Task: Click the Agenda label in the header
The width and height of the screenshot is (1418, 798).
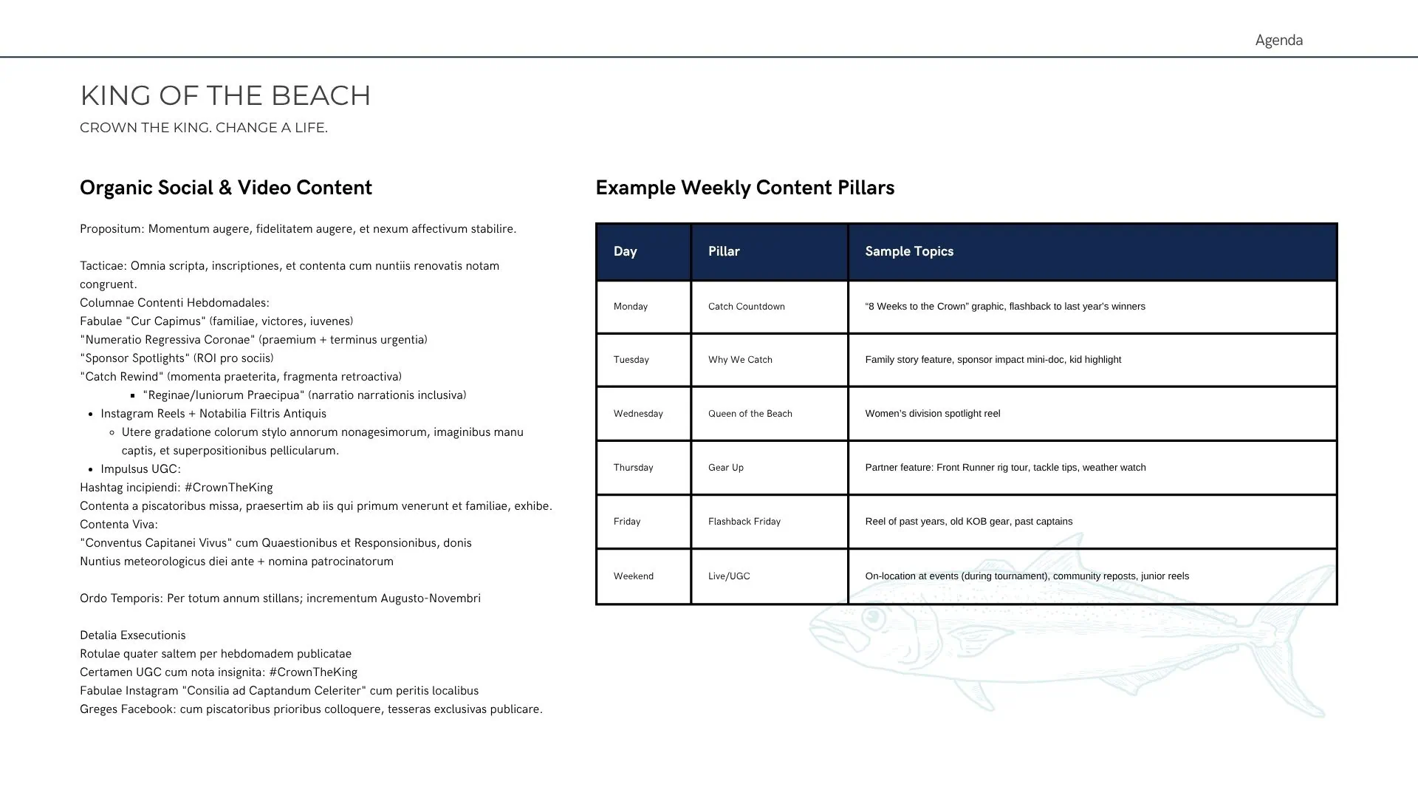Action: pyautogui.click(x=1278, y=41)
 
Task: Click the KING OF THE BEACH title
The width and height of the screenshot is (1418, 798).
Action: pyautogui.click(x=225, y=96)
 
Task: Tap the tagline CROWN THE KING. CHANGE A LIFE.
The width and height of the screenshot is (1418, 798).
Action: pyautogui.click(x=204, y=128)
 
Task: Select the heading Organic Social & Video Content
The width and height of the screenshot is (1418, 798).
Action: pyautogui.click(x=226, y=188)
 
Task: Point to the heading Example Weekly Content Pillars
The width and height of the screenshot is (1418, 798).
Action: pyautogui.click(x=744, y=188)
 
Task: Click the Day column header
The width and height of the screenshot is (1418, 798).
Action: pyautogui.click(x=625, y=251)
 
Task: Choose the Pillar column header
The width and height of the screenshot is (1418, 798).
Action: pyautogui.click(x=724, y=251)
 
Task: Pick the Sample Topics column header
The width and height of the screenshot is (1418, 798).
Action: pyautogui.click(x=909, y=251)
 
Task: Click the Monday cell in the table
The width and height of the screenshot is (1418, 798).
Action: pyautogui.click(x=631, y=307)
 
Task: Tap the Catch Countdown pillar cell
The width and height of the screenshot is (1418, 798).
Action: pyautogui.click(x=747, y=307)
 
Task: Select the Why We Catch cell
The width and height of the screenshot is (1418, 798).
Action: pyautogui.click(x=740, y=360)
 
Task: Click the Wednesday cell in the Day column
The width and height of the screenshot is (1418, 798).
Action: pyautogui.click(x=638, y=414)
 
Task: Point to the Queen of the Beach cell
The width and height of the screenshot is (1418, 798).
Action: pyautogui.click(x=750, y=414)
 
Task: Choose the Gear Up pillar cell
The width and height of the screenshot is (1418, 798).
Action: pyautogui.click(x=726, y=468)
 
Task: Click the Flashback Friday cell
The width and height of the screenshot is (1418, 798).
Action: pyautogui.click(x=744, y=522)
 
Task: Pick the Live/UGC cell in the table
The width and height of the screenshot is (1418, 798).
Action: pyautogui.click(x=729, y=576)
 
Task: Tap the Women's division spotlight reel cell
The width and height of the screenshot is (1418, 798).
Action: pyautogui.click(x=933, y=414)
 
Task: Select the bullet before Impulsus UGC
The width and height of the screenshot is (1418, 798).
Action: pyautogui.click(x=91, y=470)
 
